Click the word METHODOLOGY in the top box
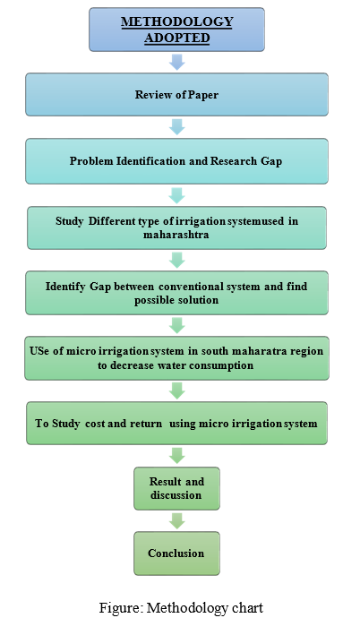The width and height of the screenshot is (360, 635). coord(177,21)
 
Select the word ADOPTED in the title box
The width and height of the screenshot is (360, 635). coord(177,38)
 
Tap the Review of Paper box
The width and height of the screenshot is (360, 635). coord(177,94)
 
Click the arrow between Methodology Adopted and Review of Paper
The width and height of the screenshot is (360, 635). coord(177,62)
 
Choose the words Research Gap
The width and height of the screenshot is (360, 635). coord(245,161)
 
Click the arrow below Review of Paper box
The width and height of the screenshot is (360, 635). coord(177,127)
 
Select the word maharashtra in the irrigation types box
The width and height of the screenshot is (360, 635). coord(176,235)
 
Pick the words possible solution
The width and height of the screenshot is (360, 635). coord(176,300)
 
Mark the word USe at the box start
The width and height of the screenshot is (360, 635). coord(39,351)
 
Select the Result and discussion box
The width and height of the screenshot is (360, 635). coord(177,488)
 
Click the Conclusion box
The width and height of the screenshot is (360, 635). coord(177,553)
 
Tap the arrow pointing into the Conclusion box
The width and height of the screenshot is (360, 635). coord(177,520)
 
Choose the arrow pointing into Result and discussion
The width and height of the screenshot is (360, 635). coord(177,456)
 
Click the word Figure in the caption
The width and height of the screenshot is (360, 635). coord(121,608)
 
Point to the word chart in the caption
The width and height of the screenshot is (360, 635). coord(248,608)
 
